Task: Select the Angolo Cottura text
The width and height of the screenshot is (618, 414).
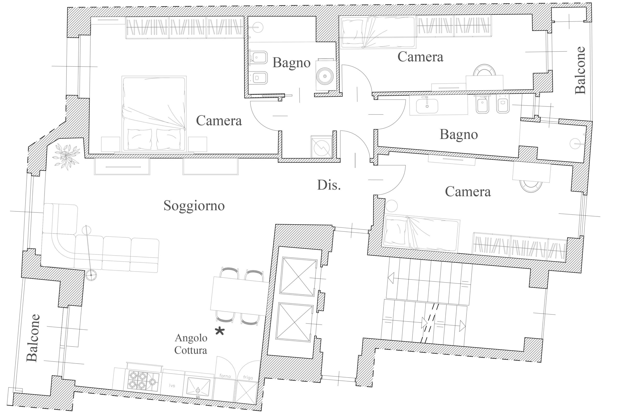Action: coord(191,344)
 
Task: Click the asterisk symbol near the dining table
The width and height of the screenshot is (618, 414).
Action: coord(220,331)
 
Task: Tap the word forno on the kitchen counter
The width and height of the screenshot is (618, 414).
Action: coord(225,376)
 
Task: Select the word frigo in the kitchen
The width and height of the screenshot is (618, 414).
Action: coord(248,378)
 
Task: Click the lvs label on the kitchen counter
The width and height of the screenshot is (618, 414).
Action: coord(172,386)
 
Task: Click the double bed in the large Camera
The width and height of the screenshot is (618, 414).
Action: coord(154,114)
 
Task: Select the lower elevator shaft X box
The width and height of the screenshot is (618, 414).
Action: coord(294,322)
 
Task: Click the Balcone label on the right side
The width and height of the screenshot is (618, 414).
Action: coord(580,70)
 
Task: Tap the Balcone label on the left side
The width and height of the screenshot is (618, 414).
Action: coord(33,338)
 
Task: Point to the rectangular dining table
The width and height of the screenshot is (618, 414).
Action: coord(239,296)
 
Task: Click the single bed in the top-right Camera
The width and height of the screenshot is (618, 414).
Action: coord(378,32)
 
